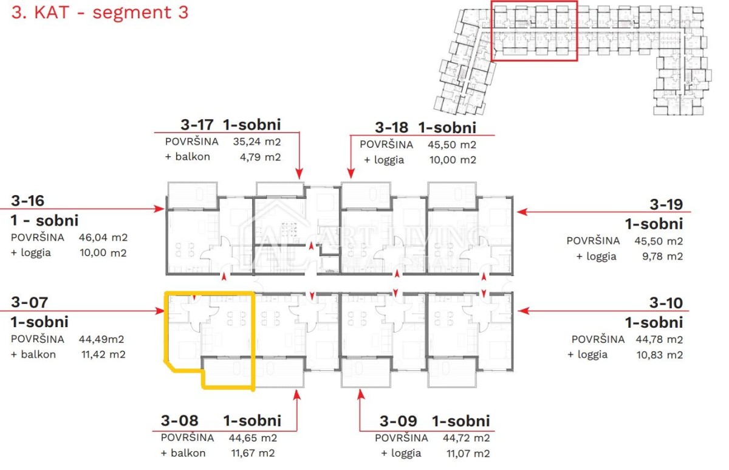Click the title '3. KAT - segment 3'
(x=100, y=12)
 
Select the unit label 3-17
(x=197, y=125)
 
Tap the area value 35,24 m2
(x=257, y=142)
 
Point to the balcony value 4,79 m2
(x=261, y=157)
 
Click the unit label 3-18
(x=391, y=127)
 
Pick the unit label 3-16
(x=28, y=201)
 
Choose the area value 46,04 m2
(x=103, y=238)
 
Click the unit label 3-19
(x=666, y=204)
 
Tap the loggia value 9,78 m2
(x=663, y=257)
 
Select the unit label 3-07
(x=30, y=302)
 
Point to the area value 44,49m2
(x=101, y=339)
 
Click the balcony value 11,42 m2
(x=103, y=354)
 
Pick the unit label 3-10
(x=666, y=303)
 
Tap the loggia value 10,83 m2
(x=660, y=354)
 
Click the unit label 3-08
(x=180, y=421)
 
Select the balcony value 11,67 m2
(x=253, y=453)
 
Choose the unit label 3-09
(x=399, y=421)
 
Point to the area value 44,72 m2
(x=467, y=438)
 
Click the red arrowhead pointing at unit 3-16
(x=159, y=209)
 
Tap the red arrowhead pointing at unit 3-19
(x=522, y=212)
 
